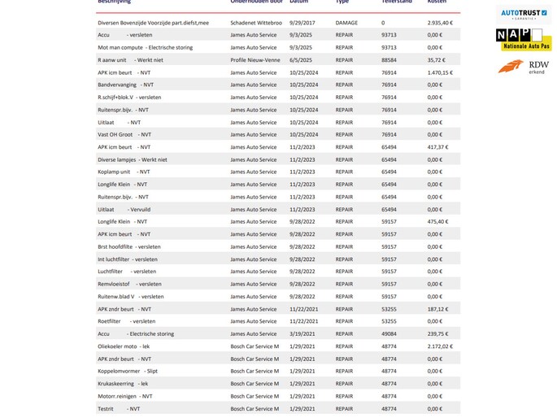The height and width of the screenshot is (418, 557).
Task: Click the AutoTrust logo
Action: pos(524,14)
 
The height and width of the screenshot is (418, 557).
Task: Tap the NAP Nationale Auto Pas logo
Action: pos(524,39)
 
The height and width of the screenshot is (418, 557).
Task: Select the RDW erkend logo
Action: pos(524,67)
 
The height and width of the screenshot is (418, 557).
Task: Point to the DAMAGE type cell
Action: pos(346,23)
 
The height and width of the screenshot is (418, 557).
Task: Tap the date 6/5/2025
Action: pos(301,60)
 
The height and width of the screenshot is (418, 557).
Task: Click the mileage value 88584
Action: pos(389,60)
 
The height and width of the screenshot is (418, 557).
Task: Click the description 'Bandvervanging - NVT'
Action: pos(125,85)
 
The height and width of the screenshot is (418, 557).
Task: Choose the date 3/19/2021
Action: pos(302,333)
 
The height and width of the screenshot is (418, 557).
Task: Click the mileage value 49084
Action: pos(389,333)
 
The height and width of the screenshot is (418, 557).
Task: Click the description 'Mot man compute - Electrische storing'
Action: pos(145,48)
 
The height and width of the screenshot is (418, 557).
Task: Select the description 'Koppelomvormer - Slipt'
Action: pos(128,371)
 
